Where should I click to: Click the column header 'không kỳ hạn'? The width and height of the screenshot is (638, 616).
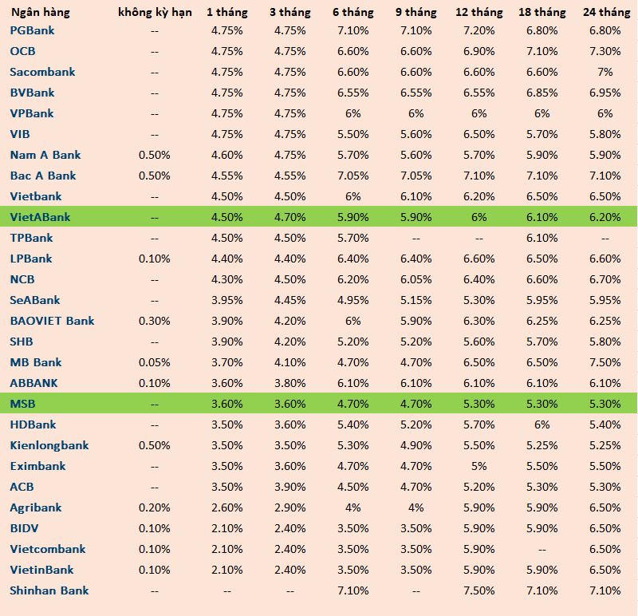[x=155, y=12]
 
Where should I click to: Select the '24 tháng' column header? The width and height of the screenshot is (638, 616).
[x=605, y=12]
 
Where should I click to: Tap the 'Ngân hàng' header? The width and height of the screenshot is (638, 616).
[x=40, y=12]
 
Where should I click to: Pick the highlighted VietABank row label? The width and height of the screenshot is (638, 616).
[x=40, y=217]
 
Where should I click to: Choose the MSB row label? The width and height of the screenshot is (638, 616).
[x=22, y=404]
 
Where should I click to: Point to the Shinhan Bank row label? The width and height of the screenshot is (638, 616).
[x=49, y=590]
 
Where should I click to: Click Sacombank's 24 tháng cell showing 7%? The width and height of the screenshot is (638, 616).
[x=605, y=72]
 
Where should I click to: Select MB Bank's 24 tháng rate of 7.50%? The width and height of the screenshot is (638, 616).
[x=605, y=362]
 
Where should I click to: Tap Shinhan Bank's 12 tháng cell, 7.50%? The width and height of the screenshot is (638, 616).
[x=478, y=590]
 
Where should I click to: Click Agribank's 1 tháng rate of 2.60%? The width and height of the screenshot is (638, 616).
[x=226, y=507]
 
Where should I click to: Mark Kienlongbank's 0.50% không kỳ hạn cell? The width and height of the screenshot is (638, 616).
[x=155, y=445]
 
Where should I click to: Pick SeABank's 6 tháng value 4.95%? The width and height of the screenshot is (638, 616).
[x=353, y=300]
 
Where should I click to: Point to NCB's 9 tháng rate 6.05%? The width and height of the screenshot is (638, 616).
[x=415, y=279]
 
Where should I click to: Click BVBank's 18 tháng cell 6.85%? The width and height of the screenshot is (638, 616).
[x=542, y=93]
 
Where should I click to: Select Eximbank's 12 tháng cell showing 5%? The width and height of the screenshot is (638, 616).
[x=478, y=466]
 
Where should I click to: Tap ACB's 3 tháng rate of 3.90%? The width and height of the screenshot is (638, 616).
[x=289, y=487]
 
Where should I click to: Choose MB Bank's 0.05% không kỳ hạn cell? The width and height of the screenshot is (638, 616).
[x=155, y=362]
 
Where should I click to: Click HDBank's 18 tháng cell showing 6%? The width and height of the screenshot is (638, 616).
[x=542, y=424]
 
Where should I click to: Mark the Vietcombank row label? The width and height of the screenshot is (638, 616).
[x=48, y=549]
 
